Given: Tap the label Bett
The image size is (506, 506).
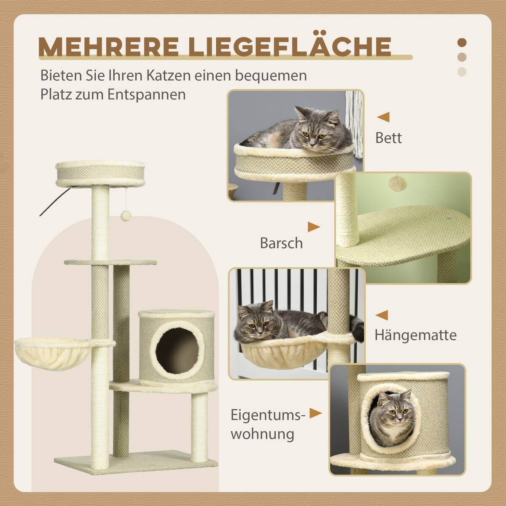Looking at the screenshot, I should tap(388, 138).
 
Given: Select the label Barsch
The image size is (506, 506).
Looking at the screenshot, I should tap(281, 243).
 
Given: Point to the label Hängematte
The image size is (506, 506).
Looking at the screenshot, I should tap(415, 335).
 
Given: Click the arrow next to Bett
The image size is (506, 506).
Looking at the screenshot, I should tap(383, 117).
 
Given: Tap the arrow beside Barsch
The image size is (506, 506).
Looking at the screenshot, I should tap(313, 227).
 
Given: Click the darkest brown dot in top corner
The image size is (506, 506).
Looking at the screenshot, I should tap(462, 43).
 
